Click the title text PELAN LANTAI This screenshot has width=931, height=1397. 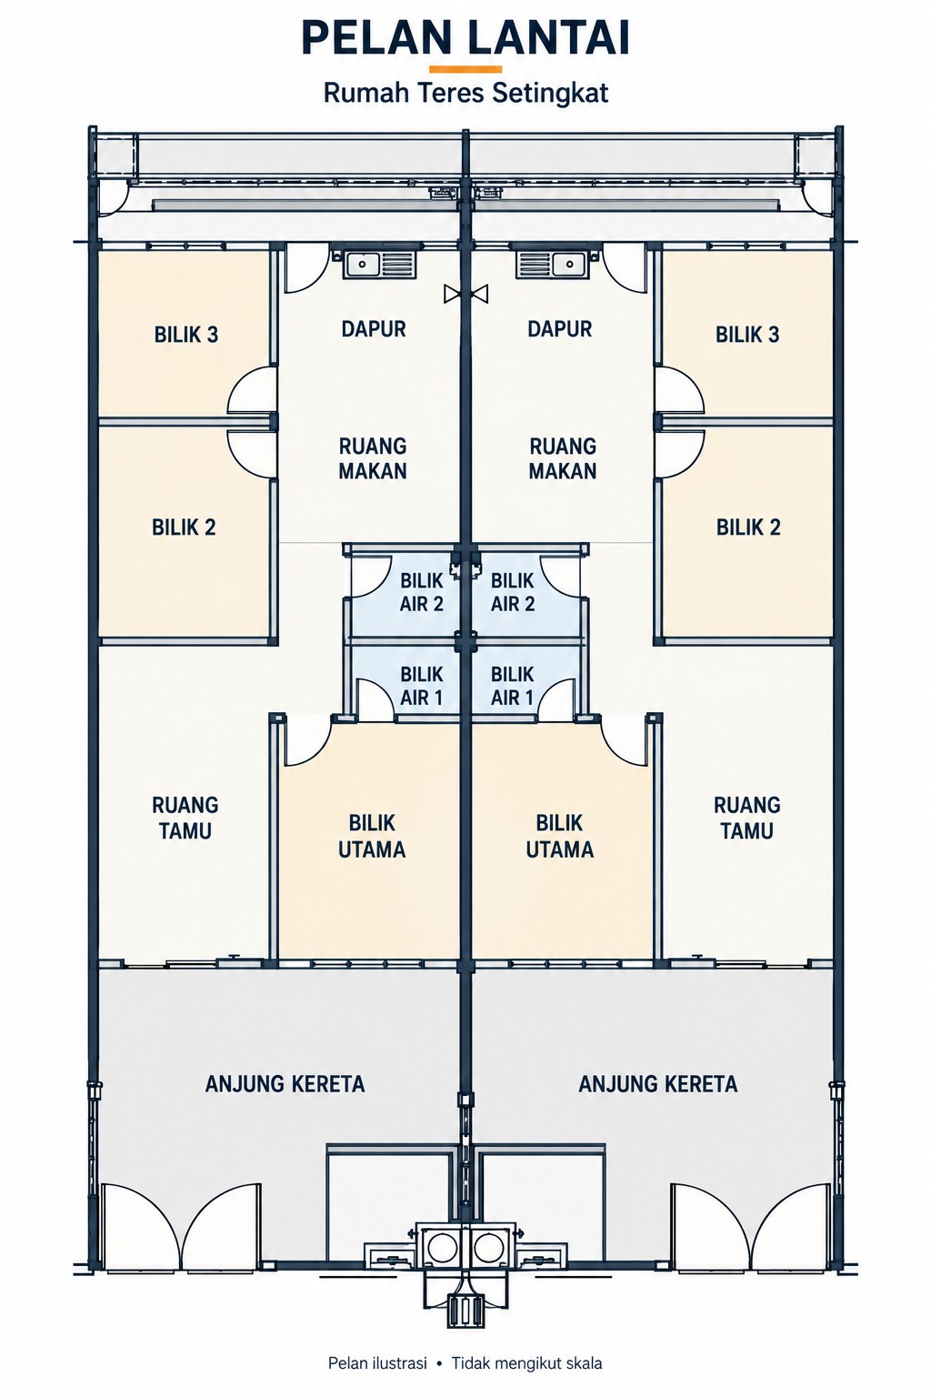pyautogui.click(x=465, y=39)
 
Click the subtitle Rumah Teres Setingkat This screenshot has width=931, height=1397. pyautogui.click(x=465, y=94)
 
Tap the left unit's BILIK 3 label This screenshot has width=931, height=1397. pyautogui.click(x=186, y=335)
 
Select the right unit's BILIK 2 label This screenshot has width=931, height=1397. pyautogui.click(x=748, y=528)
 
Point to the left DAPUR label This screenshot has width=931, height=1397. pyautogui.click(x=374, y=329)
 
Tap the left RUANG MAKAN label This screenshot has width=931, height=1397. pyautogui.click(x=373, y=458)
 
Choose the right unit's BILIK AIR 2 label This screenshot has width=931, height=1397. pyautogui.click(x=513, y=592)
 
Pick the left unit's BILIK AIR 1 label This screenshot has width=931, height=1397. pyautogui.click(x=422, y=686)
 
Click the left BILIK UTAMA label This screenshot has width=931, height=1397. pyautogui.click(x=372, y=837)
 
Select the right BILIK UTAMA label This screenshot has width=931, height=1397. pyautogui.click(x=559, y=837)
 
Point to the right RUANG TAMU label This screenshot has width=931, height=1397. pyautogui.click(x=747, y=818)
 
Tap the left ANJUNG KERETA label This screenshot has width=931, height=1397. pyautogui.click(x=285, y=1084)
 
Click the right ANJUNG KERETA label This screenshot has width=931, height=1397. pyautogui.click(x=658, y=1084)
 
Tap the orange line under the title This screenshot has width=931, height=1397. pyautogui.click(x=465, y=69)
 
